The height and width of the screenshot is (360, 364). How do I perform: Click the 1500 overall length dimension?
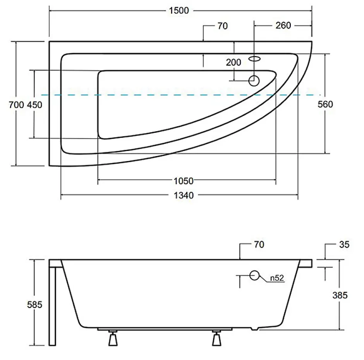coord(179,11)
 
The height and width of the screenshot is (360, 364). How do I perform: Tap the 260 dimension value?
coord(283,26)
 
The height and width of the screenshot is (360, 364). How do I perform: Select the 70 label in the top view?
coord(223,26)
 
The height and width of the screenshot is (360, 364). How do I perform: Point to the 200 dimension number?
coord(234,62)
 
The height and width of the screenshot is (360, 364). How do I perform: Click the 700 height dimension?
coord(16,105)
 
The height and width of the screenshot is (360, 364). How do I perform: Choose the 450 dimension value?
coord(34,105)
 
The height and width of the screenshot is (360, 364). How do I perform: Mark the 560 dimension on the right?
coord(325,105)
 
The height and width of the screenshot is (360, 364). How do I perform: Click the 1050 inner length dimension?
coord(184,181)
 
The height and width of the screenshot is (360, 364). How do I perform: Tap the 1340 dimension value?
coord(184,195)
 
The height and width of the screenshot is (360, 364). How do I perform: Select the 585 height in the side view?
coord(34,305)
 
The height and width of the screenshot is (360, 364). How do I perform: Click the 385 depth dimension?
coord(340,295)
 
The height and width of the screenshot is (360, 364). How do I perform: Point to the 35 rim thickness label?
coord(344,244)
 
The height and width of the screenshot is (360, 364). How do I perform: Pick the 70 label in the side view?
coord(259,244)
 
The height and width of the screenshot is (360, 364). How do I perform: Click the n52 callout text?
coord(277,278)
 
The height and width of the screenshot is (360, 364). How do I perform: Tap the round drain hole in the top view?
coord(254,81)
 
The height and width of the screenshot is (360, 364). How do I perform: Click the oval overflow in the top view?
coord(254,59)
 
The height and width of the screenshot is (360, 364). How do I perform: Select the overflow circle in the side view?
coord(254,275)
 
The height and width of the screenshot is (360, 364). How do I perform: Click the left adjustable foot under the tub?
coord(113,338)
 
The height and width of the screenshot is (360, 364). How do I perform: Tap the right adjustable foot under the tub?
coord(216,338)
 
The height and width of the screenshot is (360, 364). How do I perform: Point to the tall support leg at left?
coord(52,306)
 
